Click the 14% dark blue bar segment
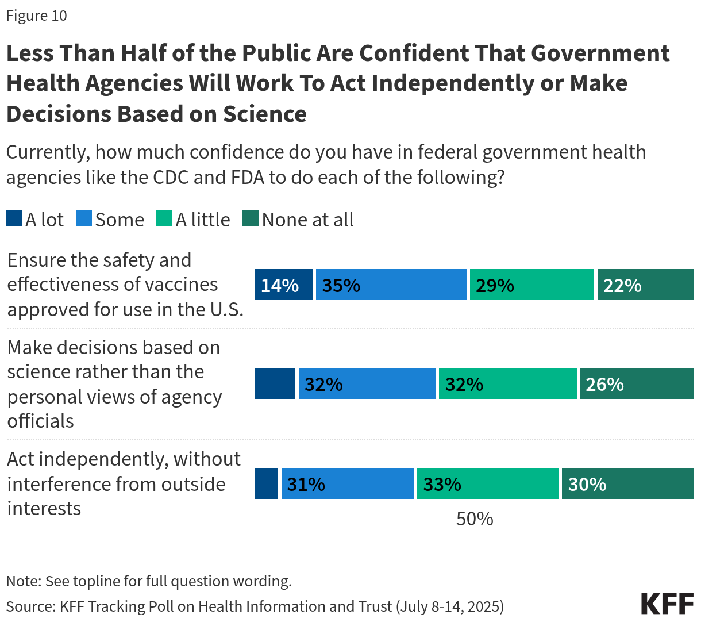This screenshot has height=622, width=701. tap(284, 285)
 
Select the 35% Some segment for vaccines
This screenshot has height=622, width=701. tap(391, 285)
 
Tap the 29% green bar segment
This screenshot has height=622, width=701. tap(531, 285)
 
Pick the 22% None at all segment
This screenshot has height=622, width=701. tap(645, 285)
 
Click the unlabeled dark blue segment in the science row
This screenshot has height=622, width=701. tap(275, 383)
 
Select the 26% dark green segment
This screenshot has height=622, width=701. tap(637, 383)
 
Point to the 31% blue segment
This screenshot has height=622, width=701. tap(347, 483)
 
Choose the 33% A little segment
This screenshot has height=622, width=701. tap(487, 483)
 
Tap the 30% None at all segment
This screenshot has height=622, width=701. tap(627, 483)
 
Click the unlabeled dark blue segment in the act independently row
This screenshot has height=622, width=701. tap(267, 483)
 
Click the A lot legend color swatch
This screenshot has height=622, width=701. tap(14, 219)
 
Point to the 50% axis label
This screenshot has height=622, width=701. tap(475, 519)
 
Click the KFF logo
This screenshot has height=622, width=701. tap(667, 604)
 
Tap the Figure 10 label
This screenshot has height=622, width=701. tap(37, 16)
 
